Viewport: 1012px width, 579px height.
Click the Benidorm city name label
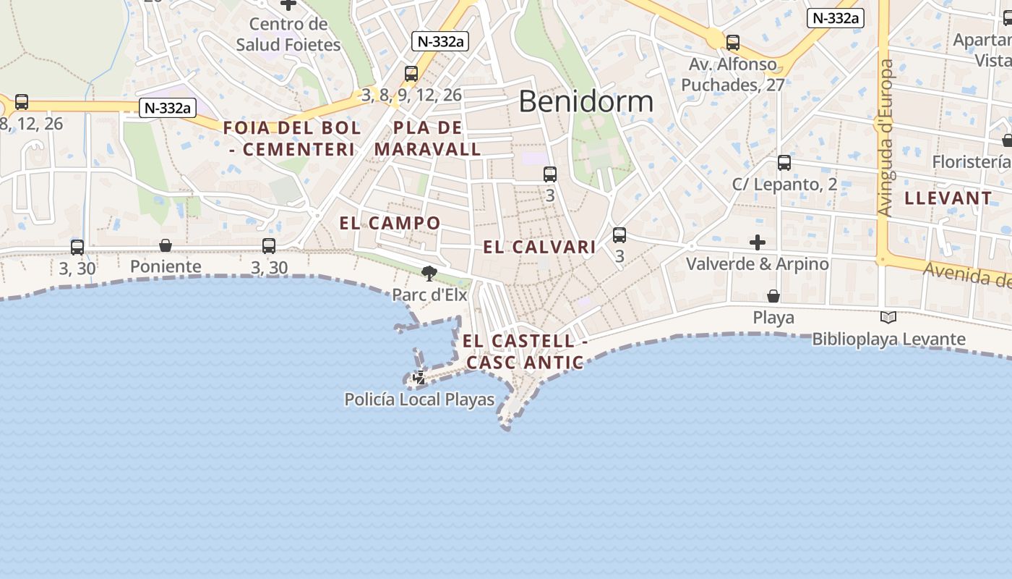[586, 101]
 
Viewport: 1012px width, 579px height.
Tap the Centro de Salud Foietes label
[288, 34]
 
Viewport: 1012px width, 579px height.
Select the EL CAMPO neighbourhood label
[390, 223]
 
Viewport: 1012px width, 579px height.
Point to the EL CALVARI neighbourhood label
[539, 247]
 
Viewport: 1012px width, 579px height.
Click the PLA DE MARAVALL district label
[428, 139]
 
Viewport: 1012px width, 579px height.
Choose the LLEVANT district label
[948, 198]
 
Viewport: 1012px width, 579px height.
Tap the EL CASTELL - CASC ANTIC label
[525, 351]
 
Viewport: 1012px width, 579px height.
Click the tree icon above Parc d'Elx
[429, 274]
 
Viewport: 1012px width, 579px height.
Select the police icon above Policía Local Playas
[419, 377]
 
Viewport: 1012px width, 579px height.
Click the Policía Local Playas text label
[419, 400]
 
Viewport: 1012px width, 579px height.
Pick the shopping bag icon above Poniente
[166, 246]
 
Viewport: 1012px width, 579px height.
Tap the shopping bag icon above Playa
[773, 296]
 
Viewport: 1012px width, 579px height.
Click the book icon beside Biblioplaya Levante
[888, 317]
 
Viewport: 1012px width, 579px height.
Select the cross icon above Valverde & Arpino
[758, 242]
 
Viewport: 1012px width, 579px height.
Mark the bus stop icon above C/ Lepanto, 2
[784, 163]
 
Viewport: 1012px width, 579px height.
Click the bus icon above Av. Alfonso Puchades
[733, 43]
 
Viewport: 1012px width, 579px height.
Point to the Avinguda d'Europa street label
[886, 138]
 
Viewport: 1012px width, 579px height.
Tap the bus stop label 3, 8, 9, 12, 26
[411, 95]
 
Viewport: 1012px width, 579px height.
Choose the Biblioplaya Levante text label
[888, 339]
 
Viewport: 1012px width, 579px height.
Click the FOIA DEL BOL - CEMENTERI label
[292, 139]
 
